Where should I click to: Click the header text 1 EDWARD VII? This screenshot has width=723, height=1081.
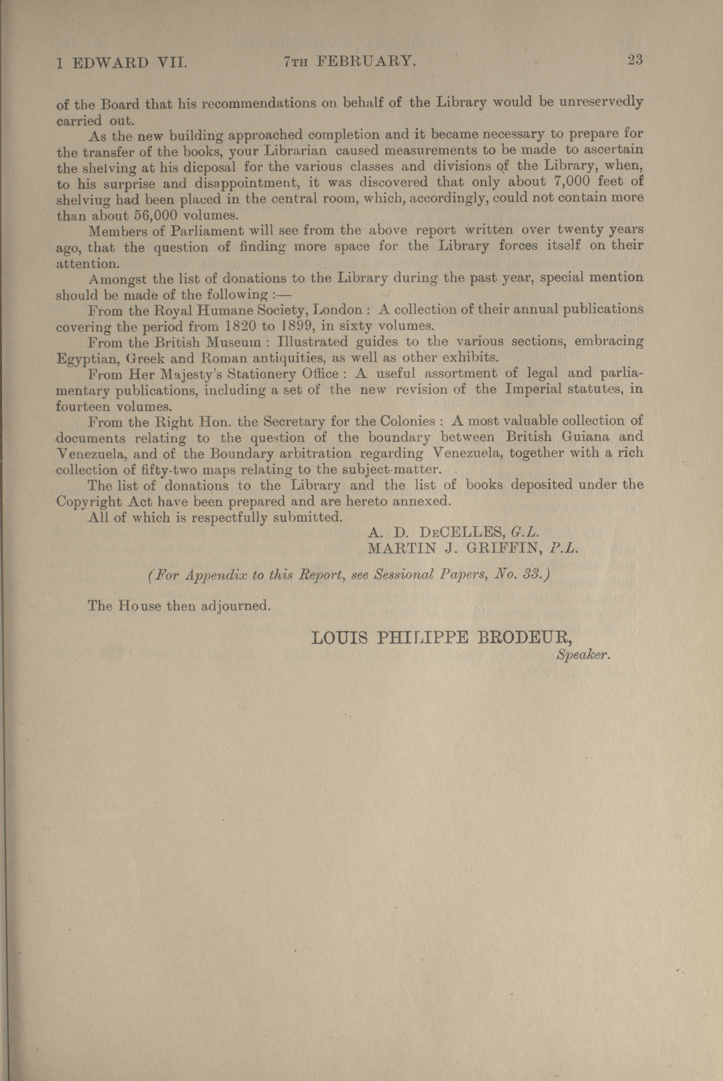[121, 63]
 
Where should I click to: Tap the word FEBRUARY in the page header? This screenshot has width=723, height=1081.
[366, 61]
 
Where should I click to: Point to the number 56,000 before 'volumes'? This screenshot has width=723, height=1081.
[156, 215]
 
